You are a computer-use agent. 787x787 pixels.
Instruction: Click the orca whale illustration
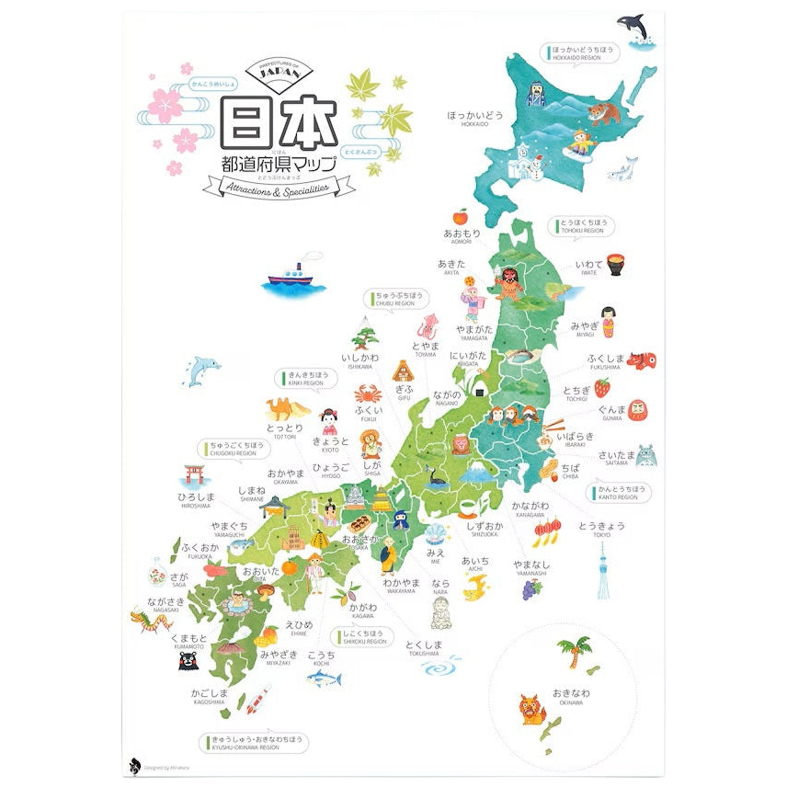click(635, 27)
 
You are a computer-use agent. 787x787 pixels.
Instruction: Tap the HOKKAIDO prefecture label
click(475, 117)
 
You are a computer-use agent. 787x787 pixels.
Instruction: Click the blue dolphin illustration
click(202, 370)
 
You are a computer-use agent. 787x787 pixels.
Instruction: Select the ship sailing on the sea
click(292, 277)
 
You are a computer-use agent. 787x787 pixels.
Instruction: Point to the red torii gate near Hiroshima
click(193, 474)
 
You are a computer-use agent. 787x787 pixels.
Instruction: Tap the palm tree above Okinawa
click(575, 651)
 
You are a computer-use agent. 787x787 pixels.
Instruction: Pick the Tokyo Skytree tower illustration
click(603, 569)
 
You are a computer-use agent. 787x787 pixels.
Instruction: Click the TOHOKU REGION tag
click(583, 226)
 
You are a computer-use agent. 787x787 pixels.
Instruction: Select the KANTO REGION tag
click(619, 492)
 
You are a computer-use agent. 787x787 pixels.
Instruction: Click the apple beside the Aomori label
click(461, 217)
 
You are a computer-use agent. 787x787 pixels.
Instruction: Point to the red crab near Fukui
click(364, 392)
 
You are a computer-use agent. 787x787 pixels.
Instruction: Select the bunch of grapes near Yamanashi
click(533, 590)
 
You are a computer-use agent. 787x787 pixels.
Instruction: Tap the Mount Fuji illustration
click(476, 475)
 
